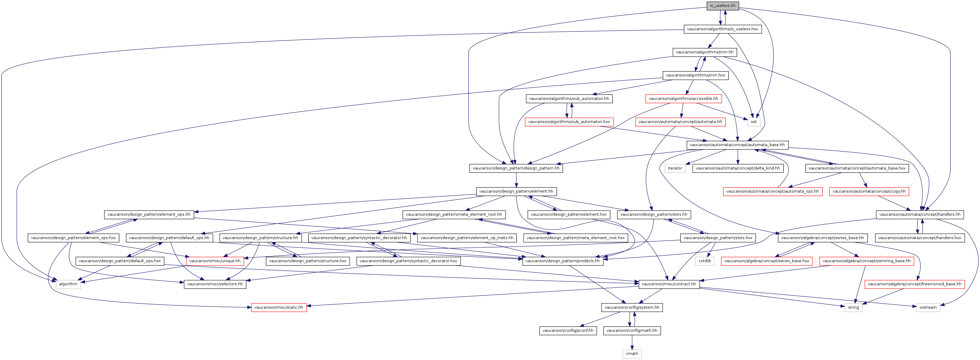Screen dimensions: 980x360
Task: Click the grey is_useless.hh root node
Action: [x=722, y=6]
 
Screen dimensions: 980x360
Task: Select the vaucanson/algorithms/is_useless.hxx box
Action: [x=722, y=29]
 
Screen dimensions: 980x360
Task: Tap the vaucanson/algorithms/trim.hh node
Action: [x=705, y=52]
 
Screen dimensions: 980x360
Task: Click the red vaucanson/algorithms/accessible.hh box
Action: [x=683, y=99]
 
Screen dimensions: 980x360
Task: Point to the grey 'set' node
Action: [x=754, y=122]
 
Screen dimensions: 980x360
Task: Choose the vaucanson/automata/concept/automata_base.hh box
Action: [x=737, y=145]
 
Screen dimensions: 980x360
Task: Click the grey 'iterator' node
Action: [x=675, y=168]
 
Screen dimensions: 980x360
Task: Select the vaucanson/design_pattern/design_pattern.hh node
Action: [x=516, y=168]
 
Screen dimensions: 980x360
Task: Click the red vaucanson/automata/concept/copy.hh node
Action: [x=869, y=191]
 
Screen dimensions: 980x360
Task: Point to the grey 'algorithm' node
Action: [x=68, y=284]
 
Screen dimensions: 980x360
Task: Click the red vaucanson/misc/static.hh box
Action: [x=279, y=307]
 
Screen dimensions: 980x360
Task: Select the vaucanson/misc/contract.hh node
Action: [x=669, y=284]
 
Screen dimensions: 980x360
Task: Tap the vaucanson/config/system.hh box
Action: [x=632, y=307]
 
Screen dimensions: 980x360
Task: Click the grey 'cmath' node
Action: [x=632, y=354]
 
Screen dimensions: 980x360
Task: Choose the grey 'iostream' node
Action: [x=928, y=307]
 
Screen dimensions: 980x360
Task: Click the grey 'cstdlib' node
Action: [x=705, y=261]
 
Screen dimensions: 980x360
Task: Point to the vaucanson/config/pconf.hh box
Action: [x=568, y=331]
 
